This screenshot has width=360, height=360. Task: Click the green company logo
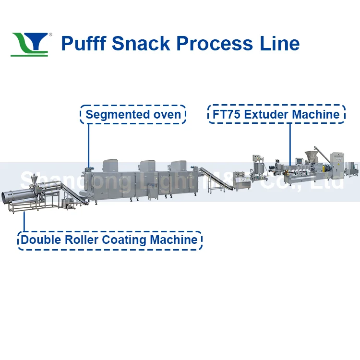tap(30, 44)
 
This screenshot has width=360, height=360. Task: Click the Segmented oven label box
tap(133, 115)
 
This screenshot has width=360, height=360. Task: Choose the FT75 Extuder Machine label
tap(276, 115)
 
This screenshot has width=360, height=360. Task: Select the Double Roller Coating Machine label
tap(109, 240)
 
